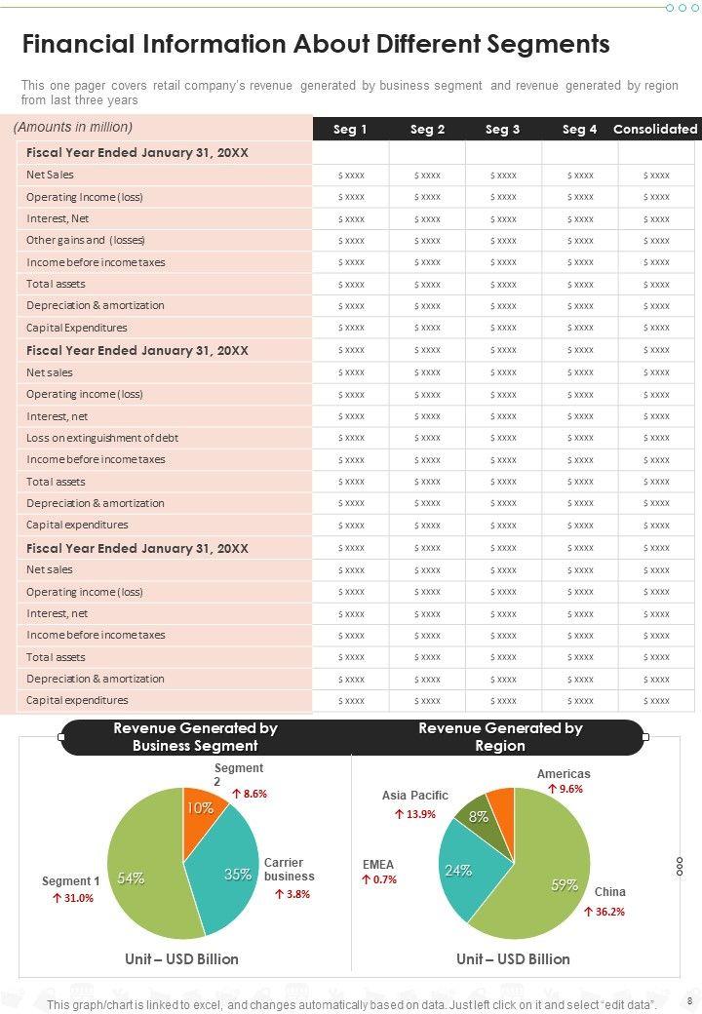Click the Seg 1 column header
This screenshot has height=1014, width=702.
pyautogui.click(x=350, y=129)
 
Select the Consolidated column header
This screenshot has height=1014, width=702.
pyautogui.click(x=655, y=129)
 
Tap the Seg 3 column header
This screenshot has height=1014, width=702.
pyautogui.click(x=502, y=129)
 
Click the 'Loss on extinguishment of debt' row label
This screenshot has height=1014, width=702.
pyautogui.click(x=101, y=438)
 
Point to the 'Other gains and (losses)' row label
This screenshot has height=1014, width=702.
pyautogui.click(x=86, y=240)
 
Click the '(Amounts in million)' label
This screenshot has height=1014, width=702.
pyautogui.click(x=73, y=127)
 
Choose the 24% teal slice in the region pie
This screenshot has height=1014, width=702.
pyautogui.click(x=461, y=870)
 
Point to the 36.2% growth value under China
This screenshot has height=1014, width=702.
pyautogui.click(x=604, y=912)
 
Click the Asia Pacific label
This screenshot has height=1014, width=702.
pyautogui.click(x=415, y=796)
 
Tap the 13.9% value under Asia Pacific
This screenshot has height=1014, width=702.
pyautogui.click(x=414, y=814)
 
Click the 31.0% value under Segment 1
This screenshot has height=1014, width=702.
pyautogui.click(x=72, y=898)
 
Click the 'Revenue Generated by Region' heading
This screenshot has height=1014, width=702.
pyautogui.click(x=500, y=737)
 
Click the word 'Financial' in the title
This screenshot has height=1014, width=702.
pyautogui.click(x=78, y=45)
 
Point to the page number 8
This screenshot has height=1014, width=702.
pyautogui.click(x=689, y=1001)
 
